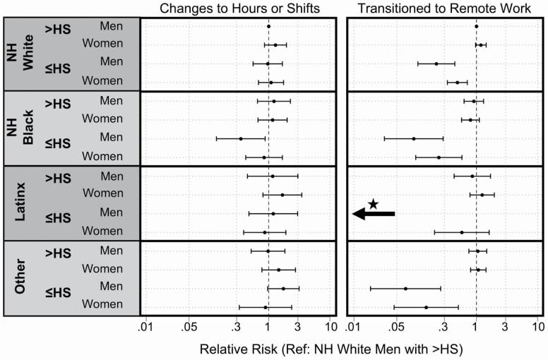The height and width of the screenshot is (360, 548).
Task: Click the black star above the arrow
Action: (x=374, y=204)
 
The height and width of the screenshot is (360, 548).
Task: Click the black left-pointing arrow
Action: (x=374, y=213)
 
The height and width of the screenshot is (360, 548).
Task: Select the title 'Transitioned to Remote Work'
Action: (x=444, y=8)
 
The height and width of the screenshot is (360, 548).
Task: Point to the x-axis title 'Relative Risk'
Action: (x=332, y=349)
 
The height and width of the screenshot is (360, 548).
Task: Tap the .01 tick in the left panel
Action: (x=145, y=328)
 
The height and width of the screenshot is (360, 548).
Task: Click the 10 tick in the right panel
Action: (x=537, y=328)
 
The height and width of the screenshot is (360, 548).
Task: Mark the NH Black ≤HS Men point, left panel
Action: (x=241, y=138)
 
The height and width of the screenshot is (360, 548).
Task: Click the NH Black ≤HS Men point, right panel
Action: (x=414, y=138)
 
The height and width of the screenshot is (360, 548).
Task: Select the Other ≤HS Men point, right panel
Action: (x=405, y=288)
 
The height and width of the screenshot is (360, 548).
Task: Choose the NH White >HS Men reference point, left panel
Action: (x=268, y=27)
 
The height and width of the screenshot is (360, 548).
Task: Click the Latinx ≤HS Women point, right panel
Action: (x=462, y=232)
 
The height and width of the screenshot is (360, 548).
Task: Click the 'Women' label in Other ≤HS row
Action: (x=102, y=306)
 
